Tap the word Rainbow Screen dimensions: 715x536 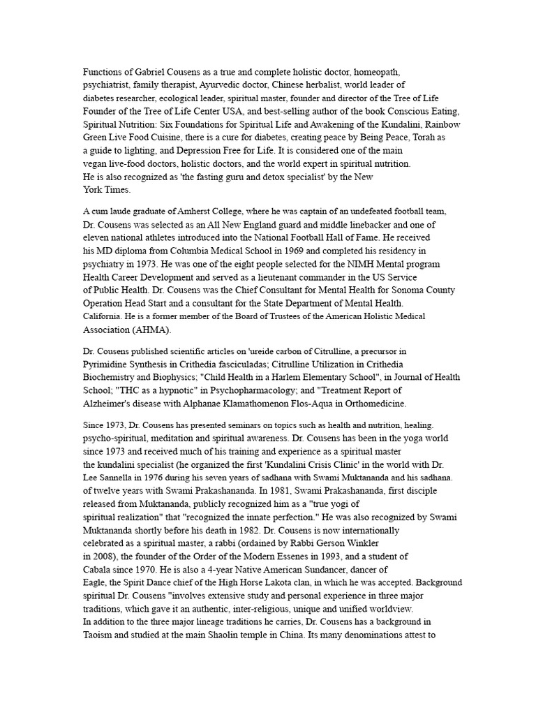tap(442, 124)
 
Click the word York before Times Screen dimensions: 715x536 tap(93, 189)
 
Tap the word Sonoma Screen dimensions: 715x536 tap(389, 290)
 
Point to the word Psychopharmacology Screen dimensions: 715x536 tap(275, 391)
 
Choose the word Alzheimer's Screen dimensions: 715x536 tap(108, 404)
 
